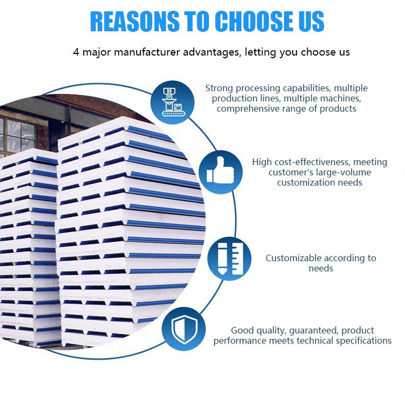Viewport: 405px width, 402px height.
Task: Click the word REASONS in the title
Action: click(130, 21)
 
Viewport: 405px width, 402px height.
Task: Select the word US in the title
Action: click(309, 21)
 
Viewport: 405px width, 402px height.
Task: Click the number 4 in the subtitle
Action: click(76, 52)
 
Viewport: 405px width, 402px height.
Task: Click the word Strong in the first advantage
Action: click(220, 88)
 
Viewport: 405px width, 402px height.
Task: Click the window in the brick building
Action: click(21, 134)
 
